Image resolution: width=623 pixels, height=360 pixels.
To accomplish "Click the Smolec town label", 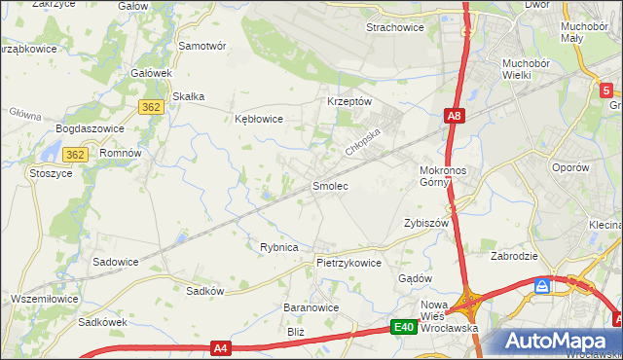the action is click(x=329, y=185).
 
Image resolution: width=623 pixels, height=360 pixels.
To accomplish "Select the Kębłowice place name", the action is click(x=259, y=119).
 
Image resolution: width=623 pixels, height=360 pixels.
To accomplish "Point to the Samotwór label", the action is click(x=202, y=46).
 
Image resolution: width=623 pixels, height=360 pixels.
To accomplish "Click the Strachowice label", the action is click(x=394, y=27).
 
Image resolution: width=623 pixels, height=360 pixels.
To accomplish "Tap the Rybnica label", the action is click(x=278, y=247).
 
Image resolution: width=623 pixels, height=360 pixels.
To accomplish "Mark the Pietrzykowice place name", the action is click(x=348, y=263).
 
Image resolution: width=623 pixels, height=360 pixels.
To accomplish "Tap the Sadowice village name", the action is click(x=115, y=262).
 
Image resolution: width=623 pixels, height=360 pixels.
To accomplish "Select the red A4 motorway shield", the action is click(x=220, y=347).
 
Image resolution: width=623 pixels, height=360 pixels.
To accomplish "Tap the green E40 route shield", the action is click(x=405, y=328).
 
